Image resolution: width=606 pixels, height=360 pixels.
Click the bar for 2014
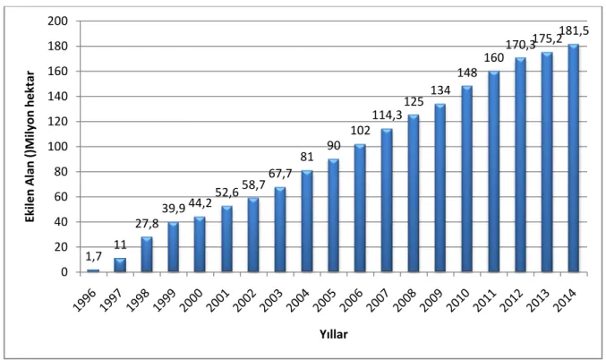[573, 158]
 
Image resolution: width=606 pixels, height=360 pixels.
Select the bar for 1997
[120, 265]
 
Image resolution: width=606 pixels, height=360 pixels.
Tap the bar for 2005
[333, 216]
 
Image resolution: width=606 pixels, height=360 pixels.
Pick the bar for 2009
[440, 187]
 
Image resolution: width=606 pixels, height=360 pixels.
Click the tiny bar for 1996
[93, 270]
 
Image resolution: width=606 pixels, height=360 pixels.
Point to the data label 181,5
[575, 31]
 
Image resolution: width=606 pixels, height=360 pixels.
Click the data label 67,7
[280, 174]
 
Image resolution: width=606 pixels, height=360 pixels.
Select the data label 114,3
[388, 115]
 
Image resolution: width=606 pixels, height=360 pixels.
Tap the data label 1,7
[93, 256]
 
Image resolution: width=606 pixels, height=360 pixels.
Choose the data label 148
[467, 73]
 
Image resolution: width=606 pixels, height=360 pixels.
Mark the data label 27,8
[147, 224]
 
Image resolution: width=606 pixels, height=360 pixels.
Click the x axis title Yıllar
[334, 334]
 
